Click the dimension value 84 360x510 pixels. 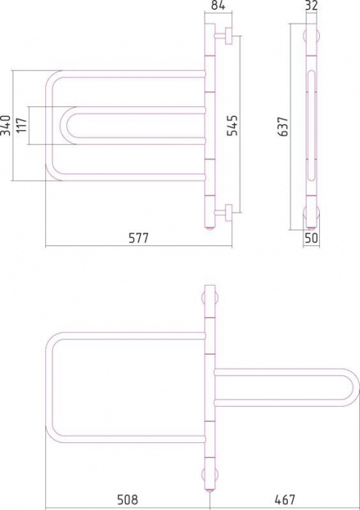tap(218, 5)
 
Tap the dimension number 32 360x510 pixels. tap(312, 5)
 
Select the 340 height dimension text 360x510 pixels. tap(6, 125)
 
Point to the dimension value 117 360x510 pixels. tap(22, 125)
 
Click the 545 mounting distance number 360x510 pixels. tap(232, 125)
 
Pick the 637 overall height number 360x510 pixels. tap(283, 126)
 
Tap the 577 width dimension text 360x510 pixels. tap(138, 238)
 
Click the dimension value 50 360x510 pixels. tap(312, 238)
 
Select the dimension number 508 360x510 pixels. tap(128, 500)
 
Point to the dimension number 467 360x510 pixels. tap(285, 500)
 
